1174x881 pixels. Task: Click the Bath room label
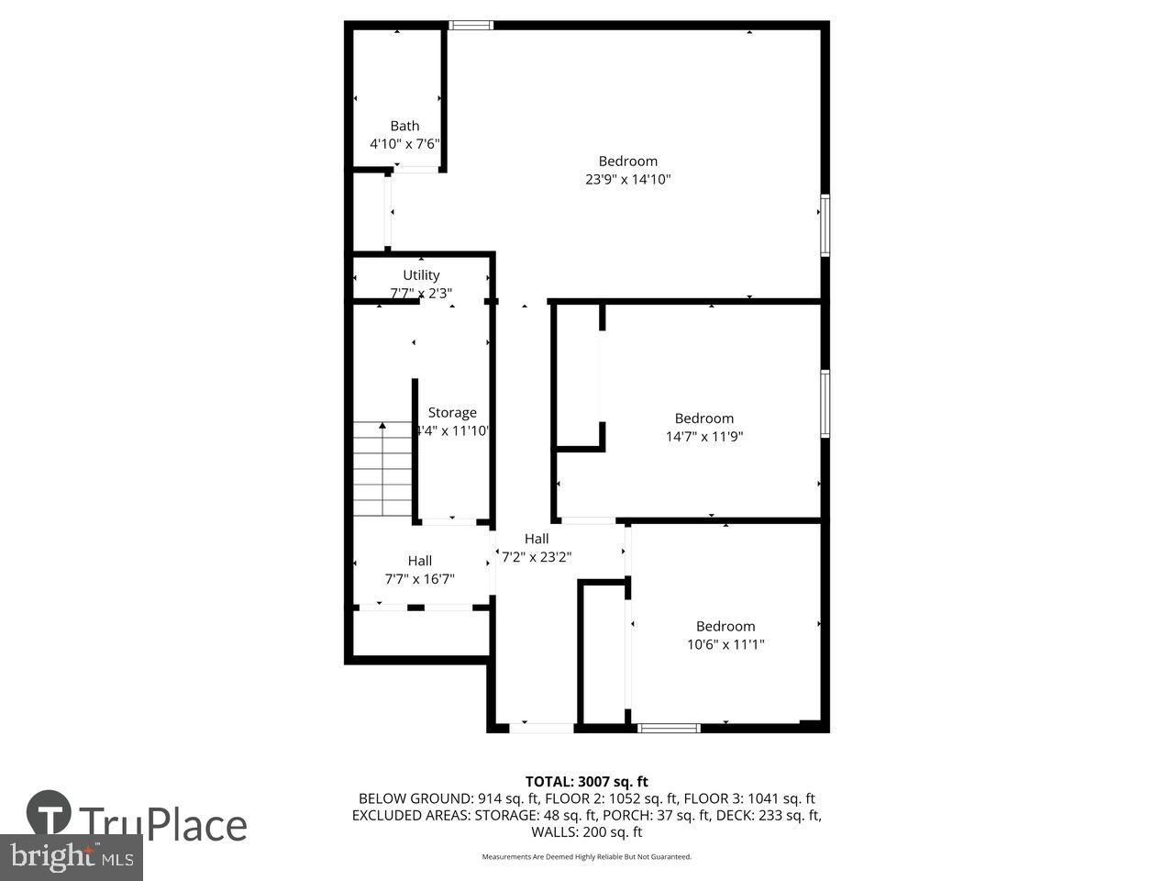point(404,126)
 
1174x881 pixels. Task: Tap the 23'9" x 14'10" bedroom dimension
point(628,180)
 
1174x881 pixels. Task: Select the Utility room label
point(421,275)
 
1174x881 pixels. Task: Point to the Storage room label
point(452,413)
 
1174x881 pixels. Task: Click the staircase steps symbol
point(382,469)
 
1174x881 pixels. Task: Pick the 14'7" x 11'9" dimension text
point(703,437)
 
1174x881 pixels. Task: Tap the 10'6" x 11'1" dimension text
point(725,644)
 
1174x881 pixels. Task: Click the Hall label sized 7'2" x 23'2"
point(537,539)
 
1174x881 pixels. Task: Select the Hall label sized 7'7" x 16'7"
point(420,561)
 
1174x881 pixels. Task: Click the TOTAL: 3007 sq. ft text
point(586,782)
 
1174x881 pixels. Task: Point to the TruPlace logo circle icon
point(50,813)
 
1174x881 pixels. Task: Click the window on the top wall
point(471,26)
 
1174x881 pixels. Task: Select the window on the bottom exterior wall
point(669,728)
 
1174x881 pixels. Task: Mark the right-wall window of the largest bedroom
point(825,225)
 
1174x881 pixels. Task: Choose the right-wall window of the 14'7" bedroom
point(825,403)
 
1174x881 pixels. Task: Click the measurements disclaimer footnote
point(586,857)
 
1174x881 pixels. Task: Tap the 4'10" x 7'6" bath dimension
point(404,144)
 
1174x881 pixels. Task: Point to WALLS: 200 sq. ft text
point(586,832)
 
